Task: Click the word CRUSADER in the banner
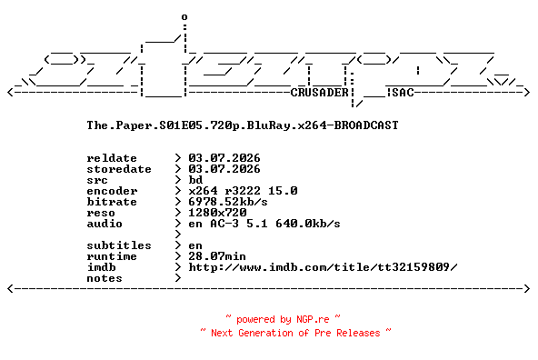tap(320, 93)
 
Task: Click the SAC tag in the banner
tap(403, 93)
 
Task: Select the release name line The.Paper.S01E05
tap(243, 125)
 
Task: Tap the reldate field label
tap(112, 158)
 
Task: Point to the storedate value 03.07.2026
tap(224, 169)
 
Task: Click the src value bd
tap(195, 180)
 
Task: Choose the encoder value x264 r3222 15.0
tap(243, 191)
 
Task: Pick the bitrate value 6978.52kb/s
tap(228, 202)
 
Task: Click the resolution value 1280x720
tap(217, 213)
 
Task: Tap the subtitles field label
tap(119, 245)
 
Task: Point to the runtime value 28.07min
tap(217, 256)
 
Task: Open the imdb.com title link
tap(323, 267)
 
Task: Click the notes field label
tap(105, 278)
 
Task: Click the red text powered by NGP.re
tap(283, 319)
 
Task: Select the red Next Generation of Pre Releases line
tap(295, 333)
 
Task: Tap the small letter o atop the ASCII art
tap(184, 16)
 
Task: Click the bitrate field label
tap(112, 202)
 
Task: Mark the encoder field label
tap(112, 191)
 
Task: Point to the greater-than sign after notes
tap(178, 278)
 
